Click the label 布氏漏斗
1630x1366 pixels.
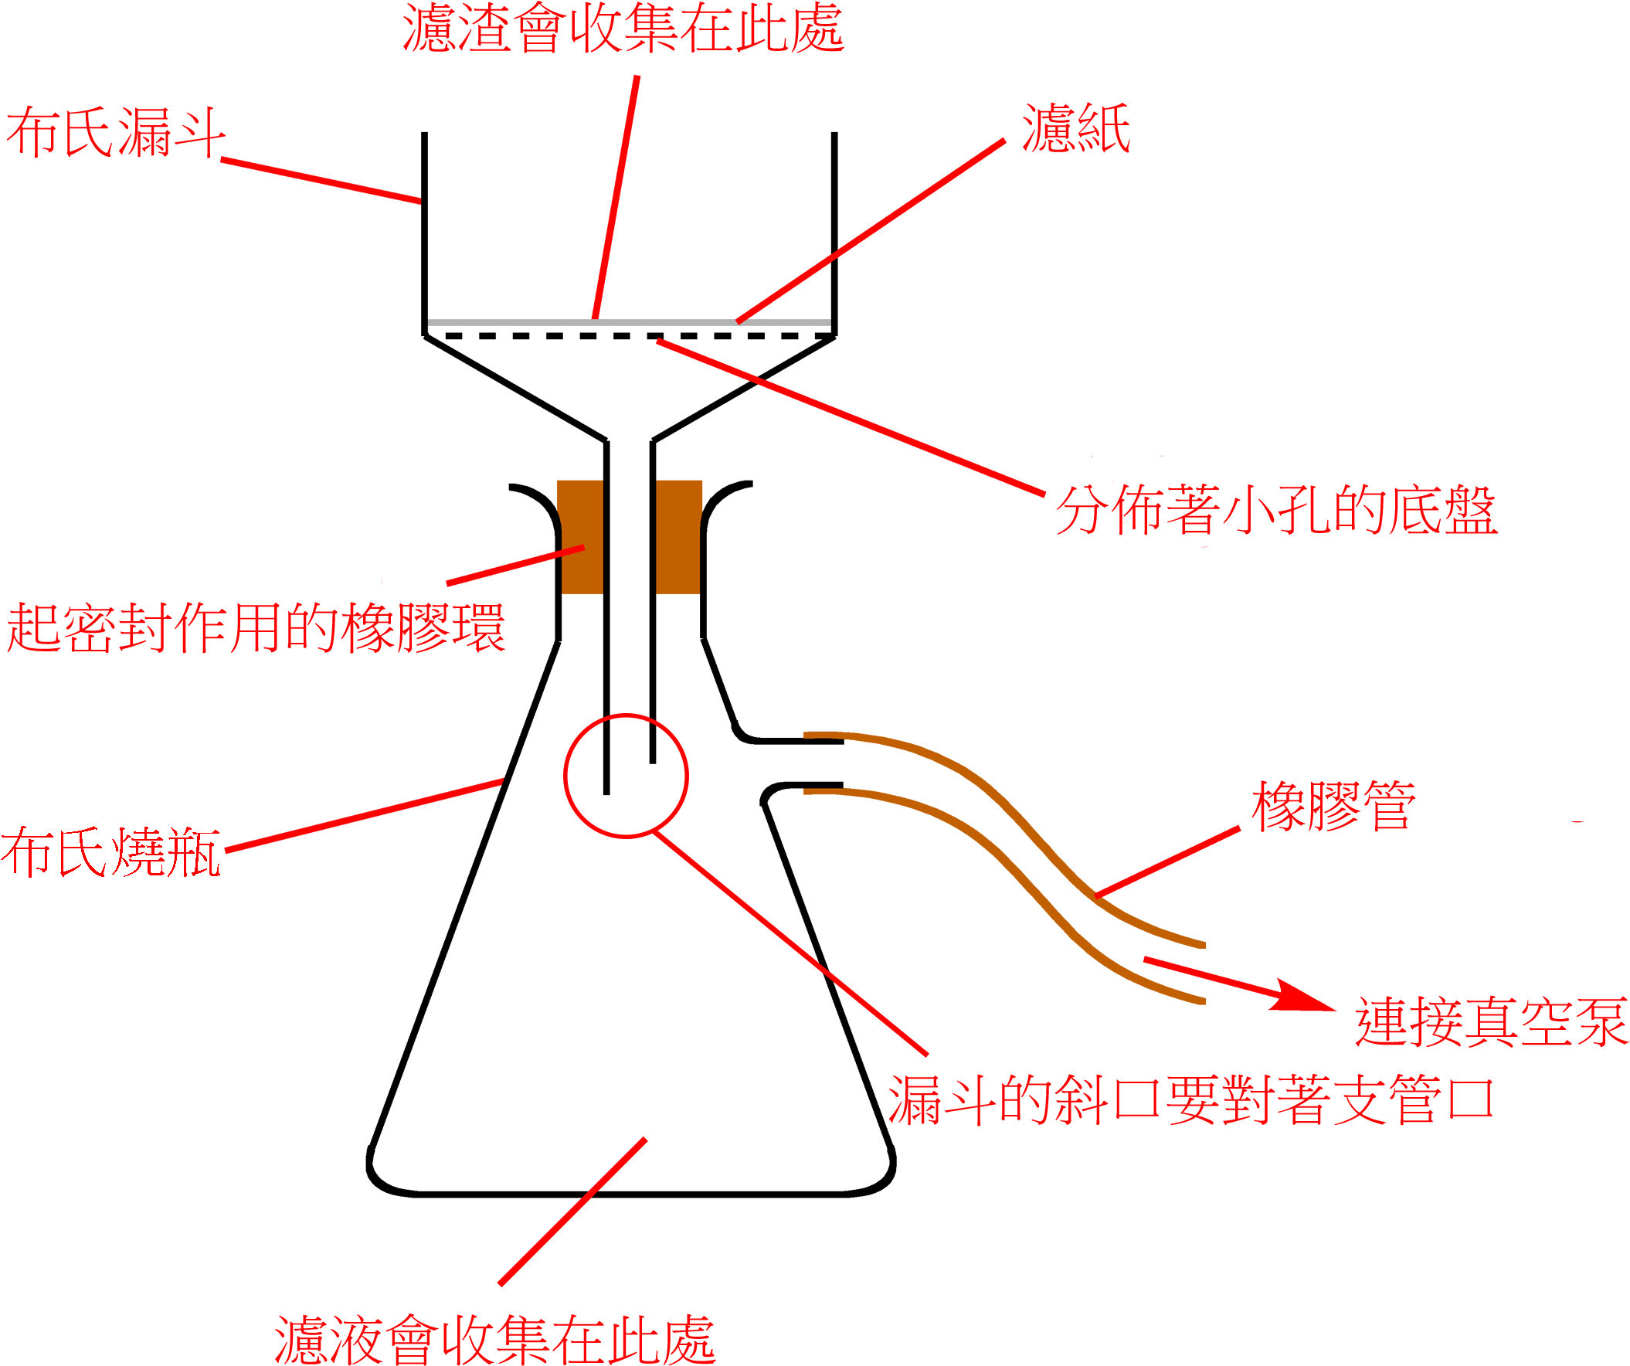tap(117, 132)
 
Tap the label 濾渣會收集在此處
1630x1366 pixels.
tap(623, 28)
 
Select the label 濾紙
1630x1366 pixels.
tap(1076, 127)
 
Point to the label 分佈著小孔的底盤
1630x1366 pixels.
tap(1276, 510)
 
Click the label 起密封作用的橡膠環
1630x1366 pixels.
tap(256, 627)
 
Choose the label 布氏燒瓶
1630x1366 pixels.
tap(111, 852)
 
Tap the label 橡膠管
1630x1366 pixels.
tap(1333, 807)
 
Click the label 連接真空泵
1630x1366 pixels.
tap(1491, 1021)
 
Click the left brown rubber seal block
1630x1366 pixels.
tap(581, 537)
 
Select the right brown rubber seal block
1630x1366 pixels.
tap(678, 537)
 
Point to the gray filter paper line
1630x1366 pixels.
tap(629, 322)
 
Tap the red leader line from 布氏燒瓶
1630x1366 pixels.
tap(365, 815)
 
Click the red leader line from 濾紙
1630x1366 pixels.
tap(871, 231)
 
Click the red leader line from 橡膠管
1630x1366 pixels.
tap(1166, 862)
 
